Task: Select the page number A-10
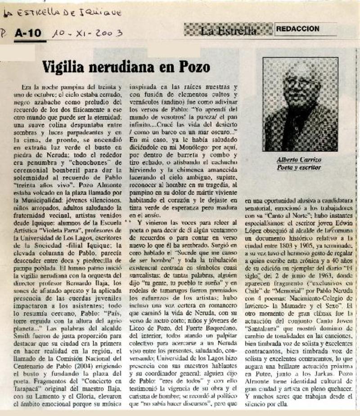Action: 27,33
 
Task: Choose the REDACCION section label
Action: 298,29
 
